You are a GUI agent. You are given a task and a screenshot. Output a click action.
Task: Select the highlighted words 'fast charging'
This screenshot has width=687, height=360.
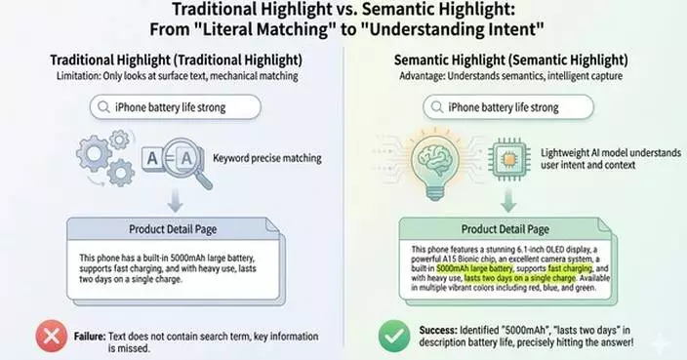568,265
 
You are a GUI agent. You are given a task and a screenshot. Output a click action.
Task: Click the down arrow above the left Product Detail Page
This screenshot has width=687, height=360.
175,202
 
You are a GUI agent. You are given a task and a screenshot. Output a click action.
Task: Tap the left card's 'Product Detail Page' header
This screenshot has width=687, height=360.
174,231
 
